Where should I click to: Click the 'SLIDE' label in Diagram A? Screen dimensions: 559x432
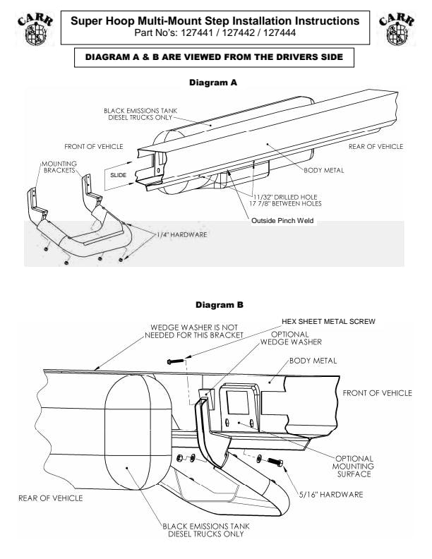coord(118,173)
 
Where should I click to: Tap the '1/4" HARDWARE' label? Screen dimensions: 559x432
coord(182,234)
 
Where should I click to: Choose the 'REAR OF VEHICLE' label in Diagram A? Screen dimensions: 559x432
coord(376,146)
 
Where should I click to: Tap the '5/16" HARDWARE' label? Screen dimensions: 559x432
coord(331,494)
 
